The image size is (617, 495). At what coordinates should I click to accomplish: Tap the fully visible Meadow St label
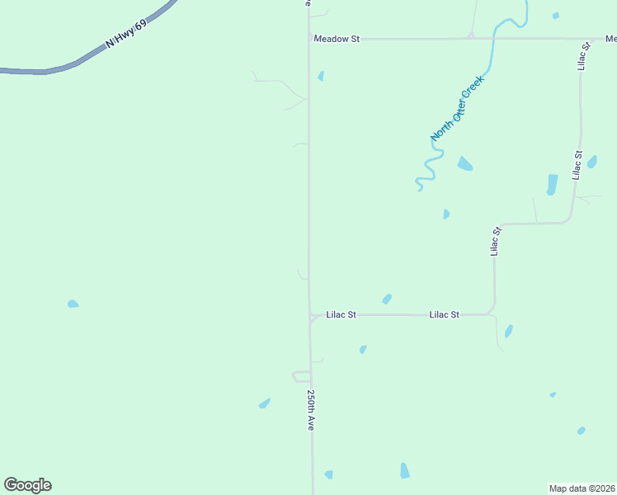click(337, 38)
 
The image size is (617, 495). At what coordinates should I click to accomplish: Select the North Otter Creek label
click(456, 108)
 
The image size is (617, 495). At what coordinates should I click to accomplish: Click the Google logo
click(27, 485)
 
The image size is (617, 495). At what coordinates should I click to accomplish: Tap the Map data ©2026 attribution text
click(582, 488)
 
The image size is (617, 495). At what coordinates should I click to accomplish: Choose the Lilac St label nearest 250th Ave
click(341, 314)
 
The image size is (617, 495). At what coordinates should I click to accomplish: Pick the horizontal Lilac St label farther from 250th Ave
click(444, 314)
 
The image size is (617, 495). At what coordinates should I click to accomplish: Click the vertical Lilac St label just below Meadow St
click(584, 56)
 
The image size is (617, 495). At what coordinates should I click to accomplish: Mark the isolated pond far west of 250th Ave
click(73, 304)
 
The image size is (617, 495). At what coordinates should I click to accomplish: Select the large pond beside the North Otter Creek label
click(465, 163)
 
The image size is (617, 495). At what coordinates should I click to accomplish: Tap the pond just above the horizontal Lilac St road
click(386, 299)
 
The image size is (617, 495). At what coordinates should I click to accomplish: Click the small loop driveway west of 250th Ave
click(300, 376)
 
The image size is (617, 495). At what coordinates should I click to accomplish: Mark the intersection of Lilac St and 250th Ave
click(310, 315)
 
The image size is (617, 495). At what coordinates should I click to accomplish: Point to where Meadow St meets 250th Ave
click(308, 38)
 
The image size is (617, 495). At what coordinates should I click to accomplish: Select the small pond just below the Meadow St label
click(321, 76)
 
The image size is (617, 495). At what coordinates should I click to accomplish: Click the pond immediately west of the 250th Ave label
click(264, 403)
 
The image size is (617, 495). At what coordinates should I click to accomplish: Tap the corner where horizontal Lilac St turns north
click(493, 310)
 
